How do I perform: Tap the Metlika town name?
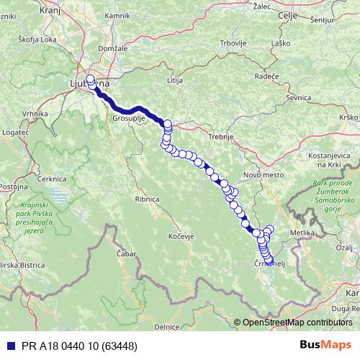[x=301, y=233]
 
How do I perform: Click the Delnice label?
[x=166, y=327]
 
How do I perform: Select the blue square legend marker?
[x=8, y=346]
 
